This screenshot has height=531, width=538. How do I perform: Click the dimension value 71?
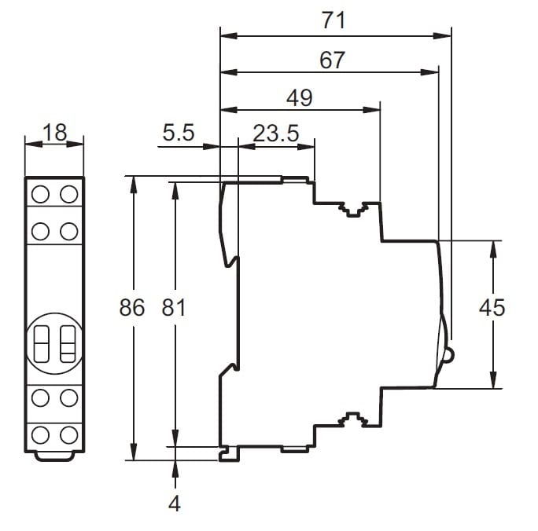pyautogui.click(x=334, y=21)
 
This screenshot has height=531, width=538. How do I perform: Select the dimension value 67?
pyautogui.click(x=333, y=60)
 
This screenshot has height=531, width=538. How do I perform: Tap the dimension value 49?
pyautogui.click(x=299, y=98)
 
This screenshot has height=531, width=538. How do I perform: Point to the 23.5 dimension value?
pyautogui.click(x=275, y=134)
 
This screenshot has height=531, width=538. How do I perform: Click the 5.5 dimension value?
pyautogui.click(x=178, y=134)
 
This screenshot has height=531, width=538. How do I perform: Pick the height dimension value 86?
pyautogui.click(x=132, y=308)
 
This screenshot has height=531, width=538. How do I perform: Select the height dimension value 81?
pyautogui.click(x=174, y=308)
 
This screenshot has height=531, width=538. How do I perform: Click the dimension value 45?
pyautogui.click(x=492, y=308)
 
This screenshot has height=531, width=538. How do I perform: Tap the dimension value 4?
pyautogui.click(x=175, y=504)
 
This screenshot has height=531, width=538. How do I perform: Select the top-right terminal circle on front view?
pyautogui.click(x=68, y=193)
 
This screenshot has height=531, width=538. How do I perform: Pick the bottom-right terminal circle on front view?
pyautogui.click(x=68, y=434)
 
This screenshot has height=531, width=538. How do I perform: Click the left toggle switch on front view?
pyautogui.click(x=42, y=342)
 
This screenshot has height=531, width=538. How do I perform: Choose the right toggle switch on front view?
pyautogui.click(x=67, y=342)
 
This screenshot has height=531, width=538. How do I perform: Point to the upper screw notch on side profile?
pyautogui.click(x=351, y=209)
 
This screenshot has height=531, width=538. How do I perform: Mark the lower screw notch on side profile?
pyautogui.click(x=351, y=419)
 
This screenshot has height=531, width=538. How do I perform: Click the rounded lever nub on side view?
pyautogui.click(x=448, y=355)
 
